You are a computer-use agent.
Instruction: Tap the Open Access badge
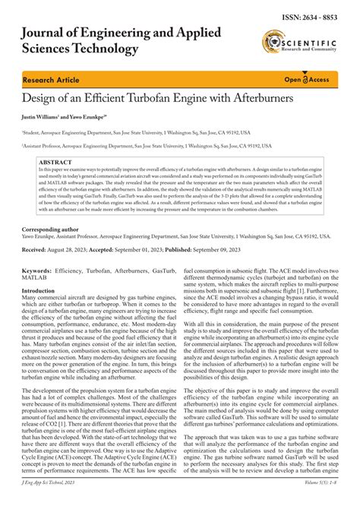tap(307, 79)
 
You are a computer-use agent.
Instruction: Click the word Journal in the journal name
tap(52, 33)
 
